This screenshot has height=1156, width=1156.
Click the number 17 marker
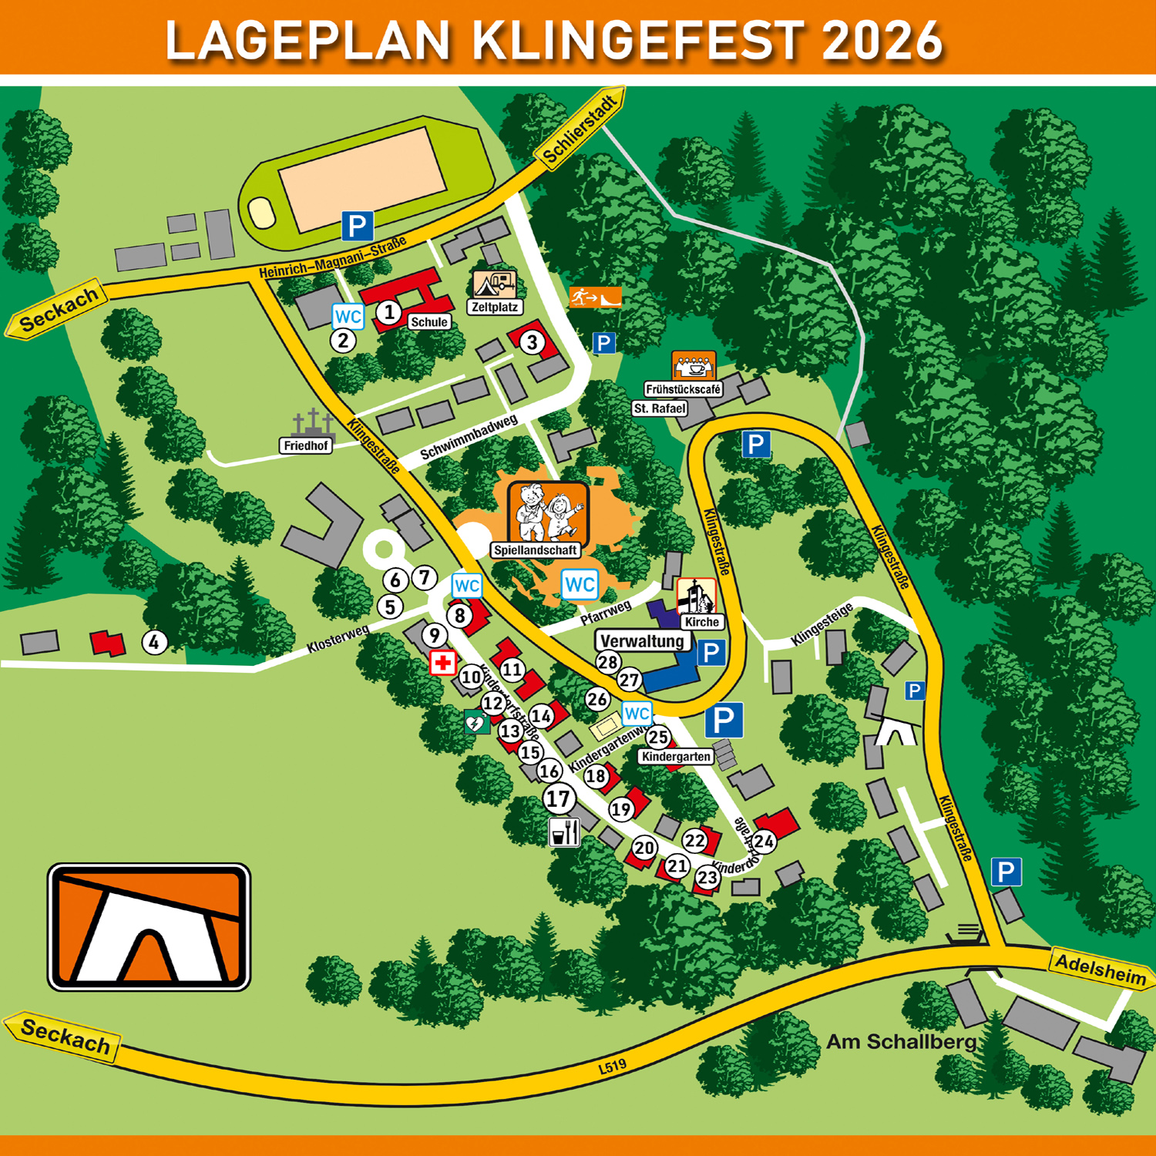click(x=559, y=798)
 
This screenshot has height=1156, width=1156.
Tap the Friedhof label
click(x=306, y=445)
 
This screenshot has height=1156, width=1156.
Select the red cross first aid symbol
click(x=442, y=663)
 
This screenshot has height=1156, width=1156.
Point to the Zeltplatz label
click(x=495, y=307)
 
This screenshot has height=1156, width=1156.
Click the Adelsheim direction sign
click(x=1101, y=969)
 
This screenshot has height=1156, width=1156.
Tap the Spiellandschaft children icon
click(x=548, y=512)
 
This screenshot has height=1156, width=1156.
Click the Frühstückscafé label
click(x=683, y=389)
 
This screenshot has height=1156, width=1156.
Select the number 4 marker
click(x=155, y=642)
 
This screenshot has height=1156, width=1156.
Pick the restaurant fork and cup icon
click(x=564, y=832)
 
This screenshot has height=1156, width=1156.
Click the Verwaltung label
click(x=642, y=641)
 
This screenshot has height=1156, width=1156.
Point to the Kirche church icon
click(x=696, y=596)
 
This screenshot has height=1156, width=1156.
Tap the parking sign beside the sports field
click(x=358, y=227)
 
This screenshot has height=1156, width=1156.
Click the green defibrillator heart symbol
click(x=476, y=723)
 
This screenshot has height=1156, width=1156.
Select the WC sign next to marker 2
click(x=348, y=316)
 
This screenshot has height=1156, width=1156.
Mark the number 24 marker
click(x=764, y=842)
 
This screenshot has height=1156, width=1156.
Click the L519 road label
click(x=613, y=1066)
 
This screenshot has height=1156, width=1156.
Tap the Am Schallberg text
click(x=901, y=1042)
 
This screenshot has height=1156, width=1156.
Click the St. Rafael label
click(x=659, y=408)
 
